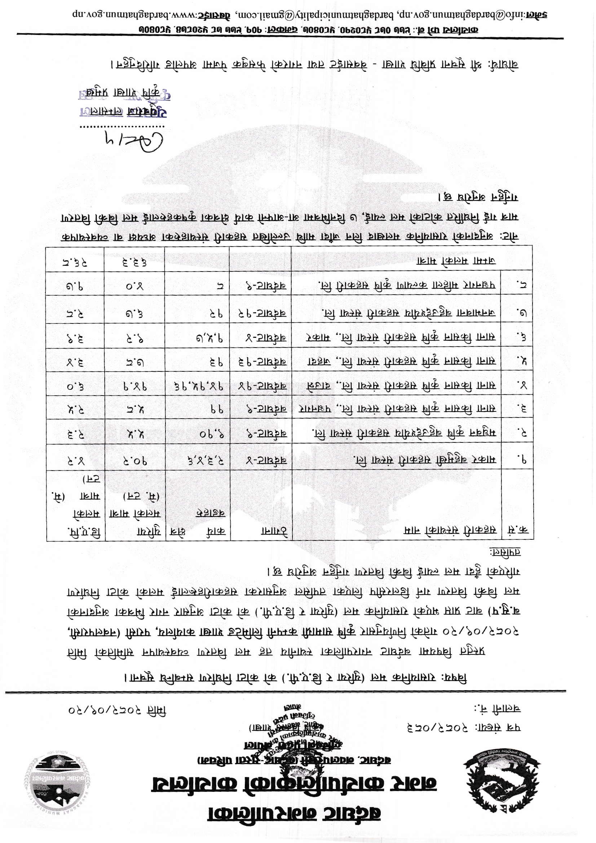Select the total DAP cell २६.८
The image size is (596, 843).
coord(75,262)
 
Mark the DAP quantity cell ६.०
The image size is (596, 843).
coord(76,385)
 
